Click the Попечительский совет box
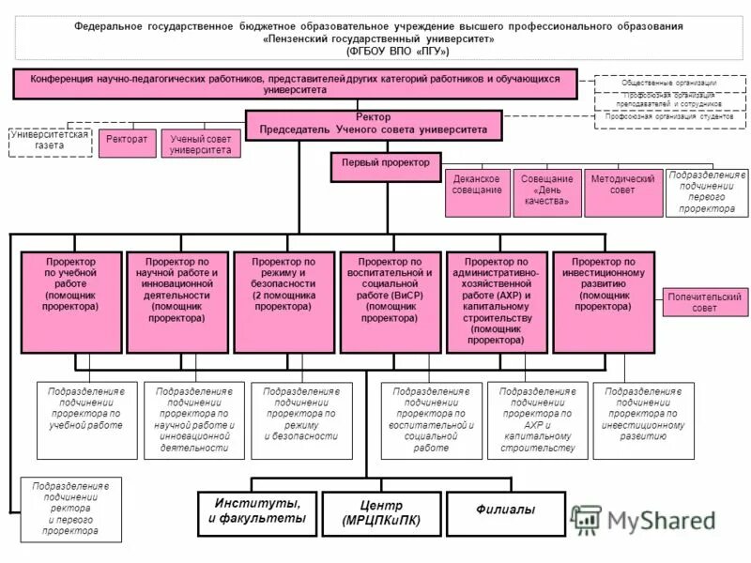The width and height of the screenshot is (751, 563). point(705,302)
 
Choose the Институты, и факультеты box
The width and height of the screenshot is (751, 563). point(257,512)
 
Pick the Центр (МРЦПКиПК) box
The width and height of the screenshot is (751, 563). point(381,512)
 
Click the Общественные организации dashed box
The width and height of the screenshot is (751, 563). point(669,83)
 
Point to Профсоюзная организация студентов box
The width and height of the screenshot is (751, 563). point(669,116)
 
